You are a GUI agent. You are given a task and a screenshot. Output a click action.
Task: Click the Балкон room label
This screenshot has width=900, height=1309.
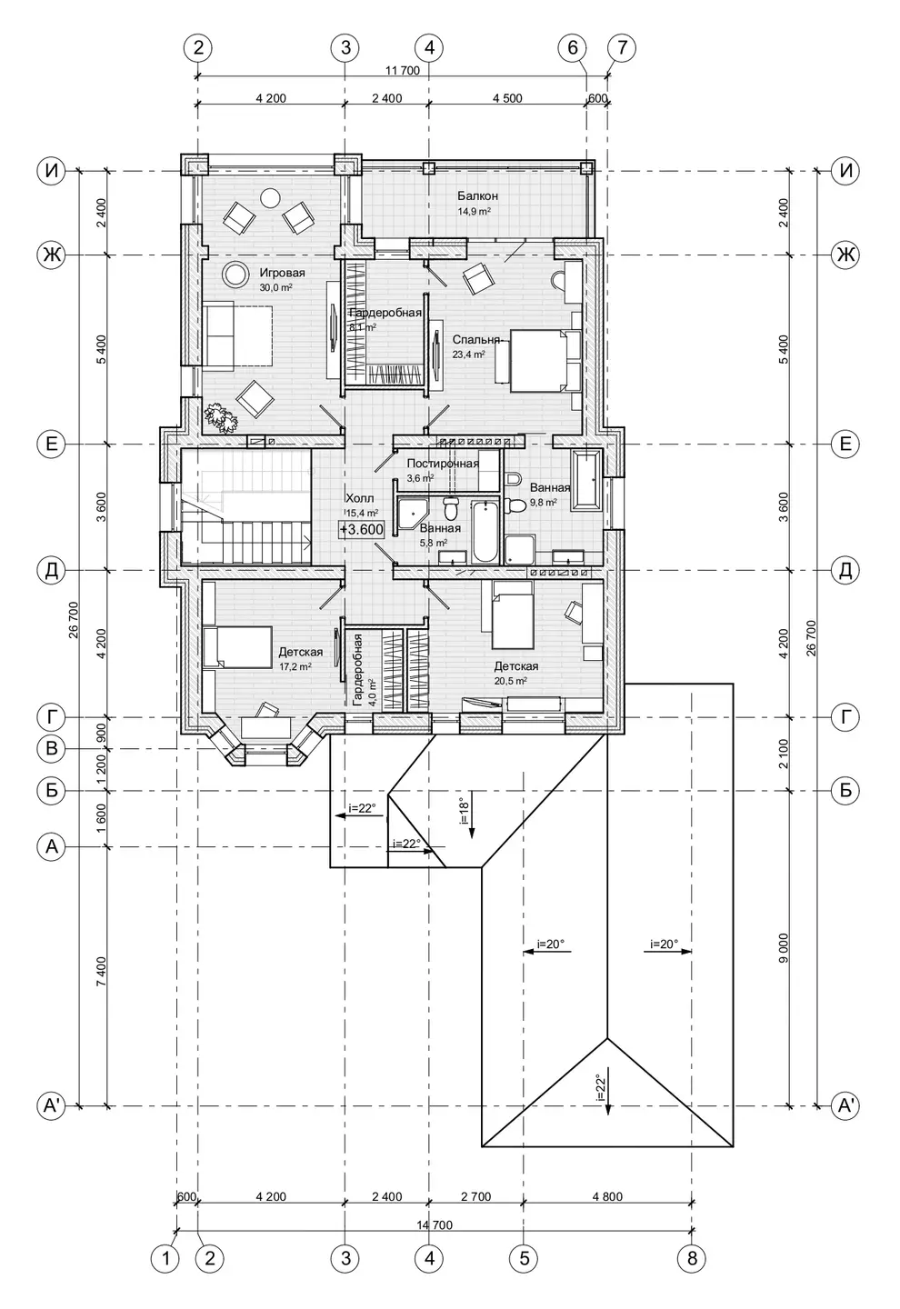[477, 195]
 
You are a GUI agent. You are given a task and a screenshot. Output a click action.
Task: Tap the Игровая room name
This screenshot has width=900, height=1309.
[282, 273]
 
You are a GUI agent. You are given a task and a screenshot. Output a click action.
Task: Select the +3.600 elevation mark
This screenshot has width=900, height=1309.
[362, 530]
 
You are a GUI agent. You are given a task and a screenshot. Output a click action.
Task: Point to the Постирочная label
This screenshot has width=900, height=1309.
[443, 464]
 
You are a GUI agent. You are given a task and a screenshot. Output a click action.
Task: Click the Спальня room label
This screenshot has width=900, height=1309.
[476, 340]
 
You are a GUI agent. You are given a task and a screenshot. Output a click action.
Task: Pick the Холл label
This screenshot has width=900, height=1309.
[359, 498]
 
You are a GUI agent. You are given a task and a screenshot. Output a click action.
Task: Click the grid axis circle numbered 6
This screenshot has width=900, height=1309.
[573, 47]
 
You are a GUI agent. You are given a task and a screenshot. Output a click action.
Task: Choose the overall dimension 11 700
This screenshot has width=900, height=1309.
[402, 71]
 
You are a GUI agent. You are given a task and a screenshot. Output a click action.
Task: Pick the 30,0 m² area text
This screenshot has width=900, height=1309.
[275, 287]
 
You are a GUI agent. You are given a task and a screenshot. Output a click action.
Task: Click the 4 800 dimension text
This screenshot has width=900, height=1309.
[607, 1196]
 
